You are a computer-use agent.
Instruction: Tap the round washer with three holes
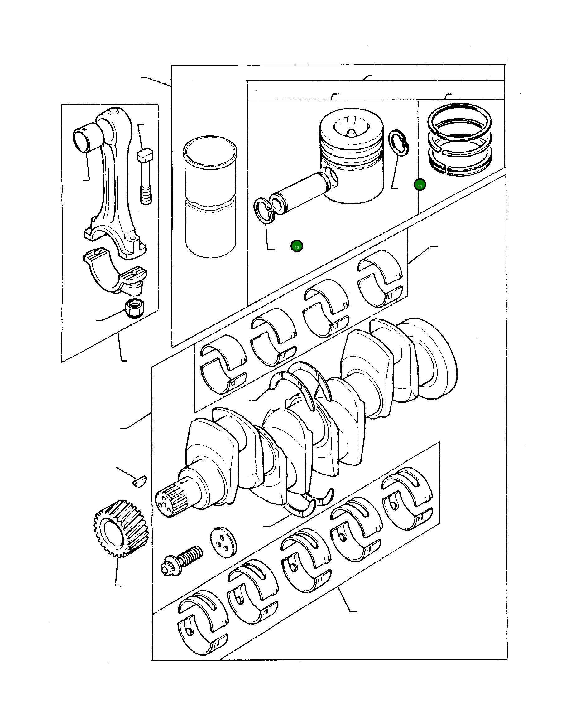point(223,542)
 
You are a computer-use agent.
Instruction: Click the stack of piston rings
point(460,138)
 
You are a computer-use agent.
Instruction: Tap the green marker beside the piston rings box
point(420,185)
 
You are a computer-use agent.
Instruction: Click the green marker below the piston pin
point(297,246)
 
